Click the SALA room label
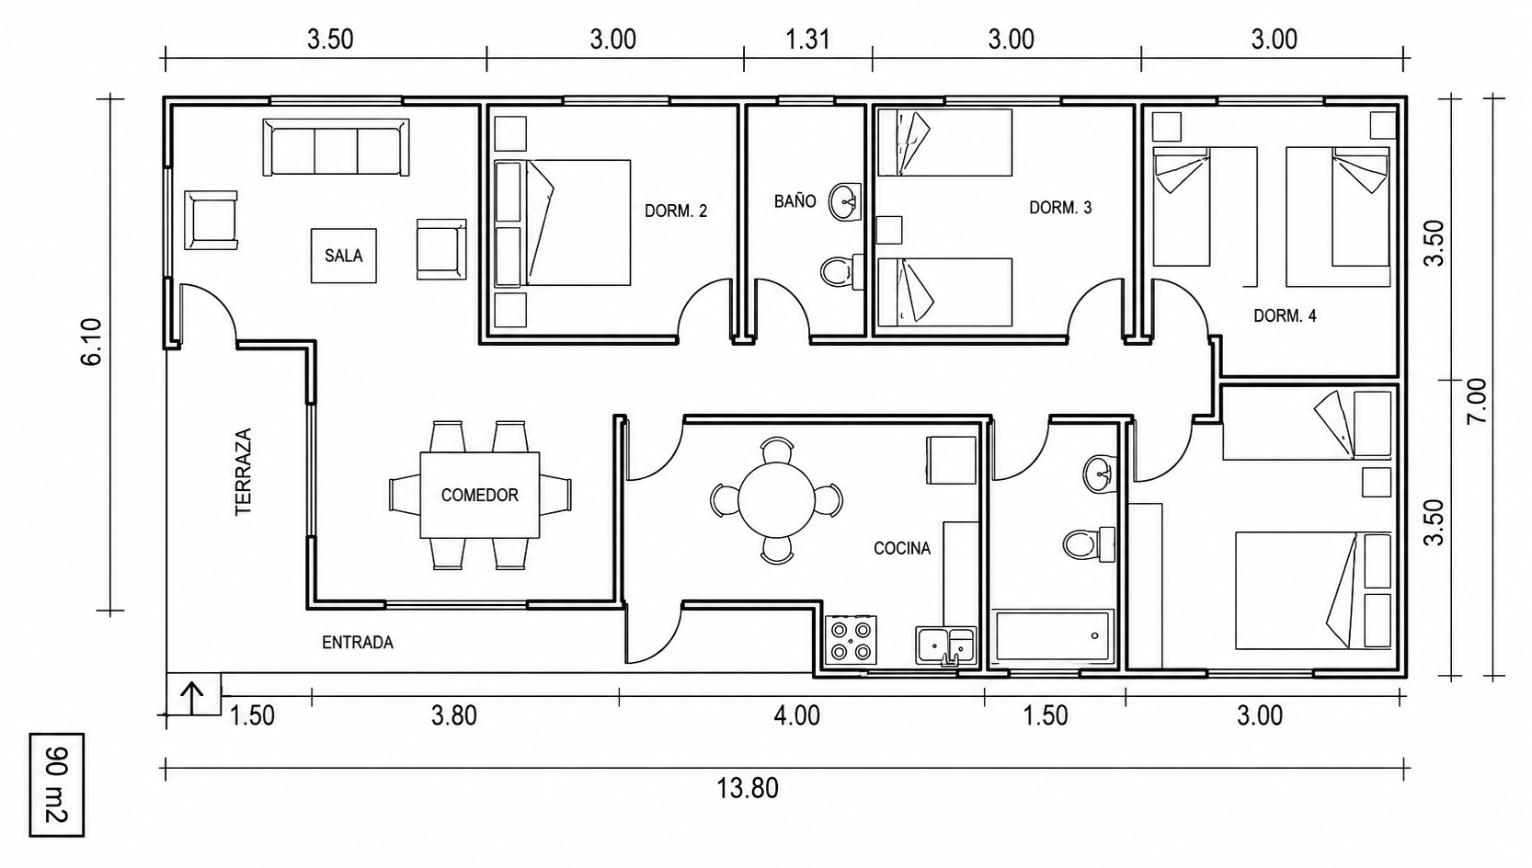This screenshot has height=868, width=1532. tap(343, 256)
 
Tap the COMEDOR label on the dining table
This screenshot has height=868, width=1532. tap(479, 496)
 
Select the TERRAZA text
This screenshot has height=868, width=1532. tap(244, 472)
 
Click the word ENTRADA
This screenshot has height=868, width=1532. tap(358, 643)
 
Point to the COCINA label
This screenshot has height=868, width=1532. tap(902, 549)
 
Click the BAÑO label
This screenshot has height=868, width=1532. tap(795, 201)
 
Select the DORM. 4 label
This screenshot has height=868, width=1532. tap(1285, 316)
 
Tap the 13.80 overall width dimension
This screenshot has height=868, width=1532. tap(747, 789)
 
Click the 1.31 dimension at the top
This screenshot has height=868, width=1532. tap(807, 40)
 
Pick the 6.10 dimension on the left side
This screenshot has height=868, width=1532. tap(92, 342)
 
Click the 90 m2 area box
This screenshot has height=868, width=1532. tap(57, 784)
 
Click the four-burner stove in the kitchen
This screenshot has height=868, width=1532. tap(851, 640)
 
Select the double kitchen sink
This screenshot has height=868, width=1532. tap(946, 646)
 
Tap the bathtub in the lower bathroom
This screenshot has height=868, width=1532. tap(1052, 636)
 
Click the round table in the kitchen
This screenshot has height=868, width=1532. tap(776, 501)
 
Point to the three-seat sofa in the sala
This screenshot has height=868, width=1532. tap(336, 148)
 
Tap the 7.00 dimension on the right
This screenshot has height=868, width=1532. tap(1477, 401)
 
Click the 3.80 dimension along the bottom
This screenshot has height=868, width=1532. tap(454, 716)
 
